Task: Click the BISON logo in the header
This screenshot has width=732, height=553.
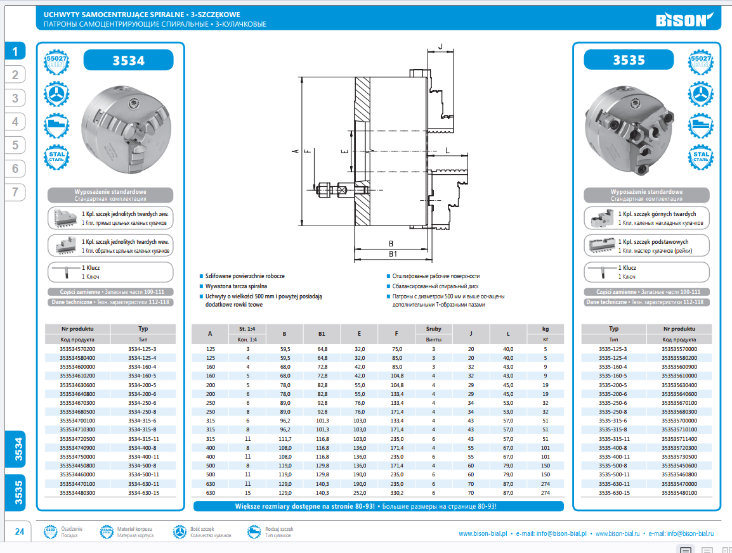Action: tap(682, 19)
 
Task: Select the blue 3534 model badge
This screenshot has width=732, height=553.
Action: tap(128, 60)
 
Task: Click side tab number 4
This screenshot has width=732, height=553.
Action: tap(15, 122)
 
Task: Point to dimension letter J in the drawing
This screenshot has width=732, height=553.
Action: tap(440, 45)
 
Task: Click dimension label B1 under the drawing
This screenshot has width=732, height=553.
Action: tap(392, 254)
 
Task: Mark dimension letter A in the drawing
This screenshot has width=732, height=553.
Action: tap(295, 151)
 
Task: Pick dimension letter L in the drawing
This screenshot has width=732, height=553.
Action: tap(447, 149)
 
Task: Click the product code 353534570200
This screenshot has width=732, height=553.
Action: tap(77, 349)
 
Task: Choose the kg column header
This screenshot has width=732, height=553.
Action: tap(546, 329)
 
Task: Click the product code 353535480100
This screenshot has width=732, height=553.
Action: tap(679, 492)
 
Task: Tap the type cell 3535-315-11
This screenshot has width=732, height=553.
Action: tap(614, 438)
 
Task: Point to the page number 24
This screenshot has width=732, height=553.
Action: tap(20, 531)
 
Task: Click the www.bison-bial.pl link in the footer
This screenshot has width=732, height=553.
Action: tap(482, 534)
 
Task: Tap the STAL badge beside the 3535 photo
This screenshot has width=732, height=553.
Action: tap(701, 156)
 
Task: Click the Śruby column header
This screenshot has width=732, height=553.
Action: tap(433, 329)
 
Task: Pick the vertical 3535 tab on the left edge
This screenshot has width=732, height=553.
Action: tap(19, 492)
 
